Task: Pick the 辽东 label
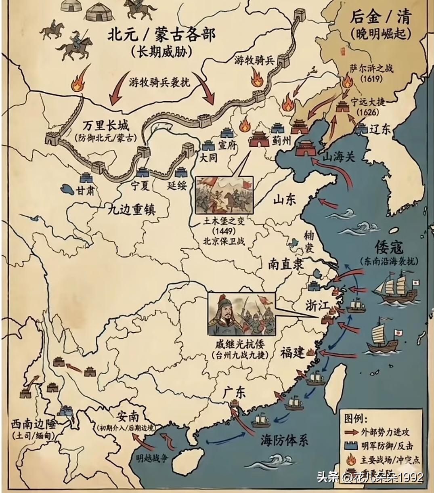tap(379, 129)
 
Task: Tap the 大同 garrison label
tap(208, 157)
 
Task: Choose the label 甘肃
tap(86, 190)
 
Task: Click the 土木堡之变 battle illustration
tap(224, 195)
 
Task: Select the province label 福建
tap(293, 352)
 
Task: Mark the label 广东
tap(234, 392)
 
